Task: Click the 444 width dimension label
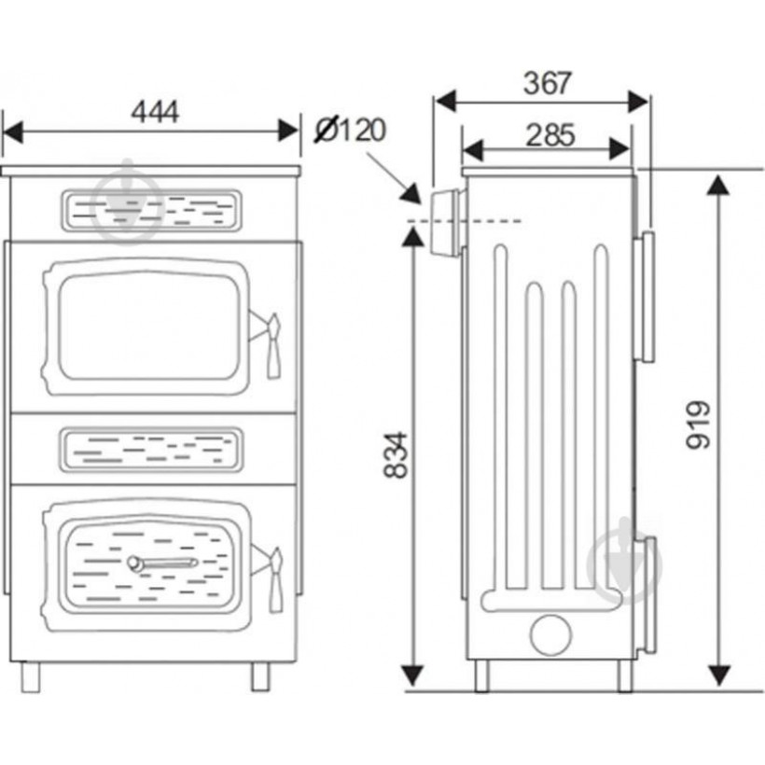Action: [155, 112]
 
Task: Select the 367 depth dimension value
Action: [547, 83]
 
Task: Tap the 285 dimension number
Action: [550, 135]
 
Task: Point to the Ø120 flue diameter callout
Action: [350, 130]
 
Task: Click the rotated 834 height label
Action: [396, 454]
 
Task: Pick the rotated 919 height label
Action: [698, 424]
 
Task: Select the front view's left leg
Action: [30, 676]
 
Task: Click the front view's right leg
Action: [260, 676]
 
